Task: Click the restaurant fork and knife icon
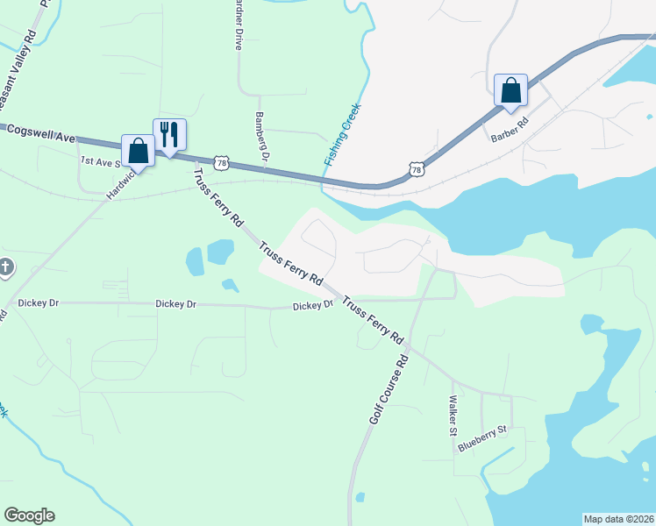click(x=169, y=134)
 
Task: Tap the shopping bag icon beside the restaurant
click(x=138, y=150)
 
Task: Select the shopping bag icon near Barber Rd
click(x=510, y=90)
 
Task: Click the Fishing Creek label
click(x=342, y=134)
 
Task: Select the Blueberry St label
click(x=482, y=438)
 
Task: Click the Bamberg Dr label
click(x=260, y=136)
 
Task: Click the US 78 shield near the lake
click(x=417, y=167)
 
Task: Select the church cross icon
click(x=5, y=267)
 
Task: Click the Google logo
click(x=29, y=515)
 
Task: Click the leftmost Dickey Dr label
click(x=38, y=303)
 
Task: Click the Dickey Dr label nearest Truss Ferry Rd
click(x=313, y=306)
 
